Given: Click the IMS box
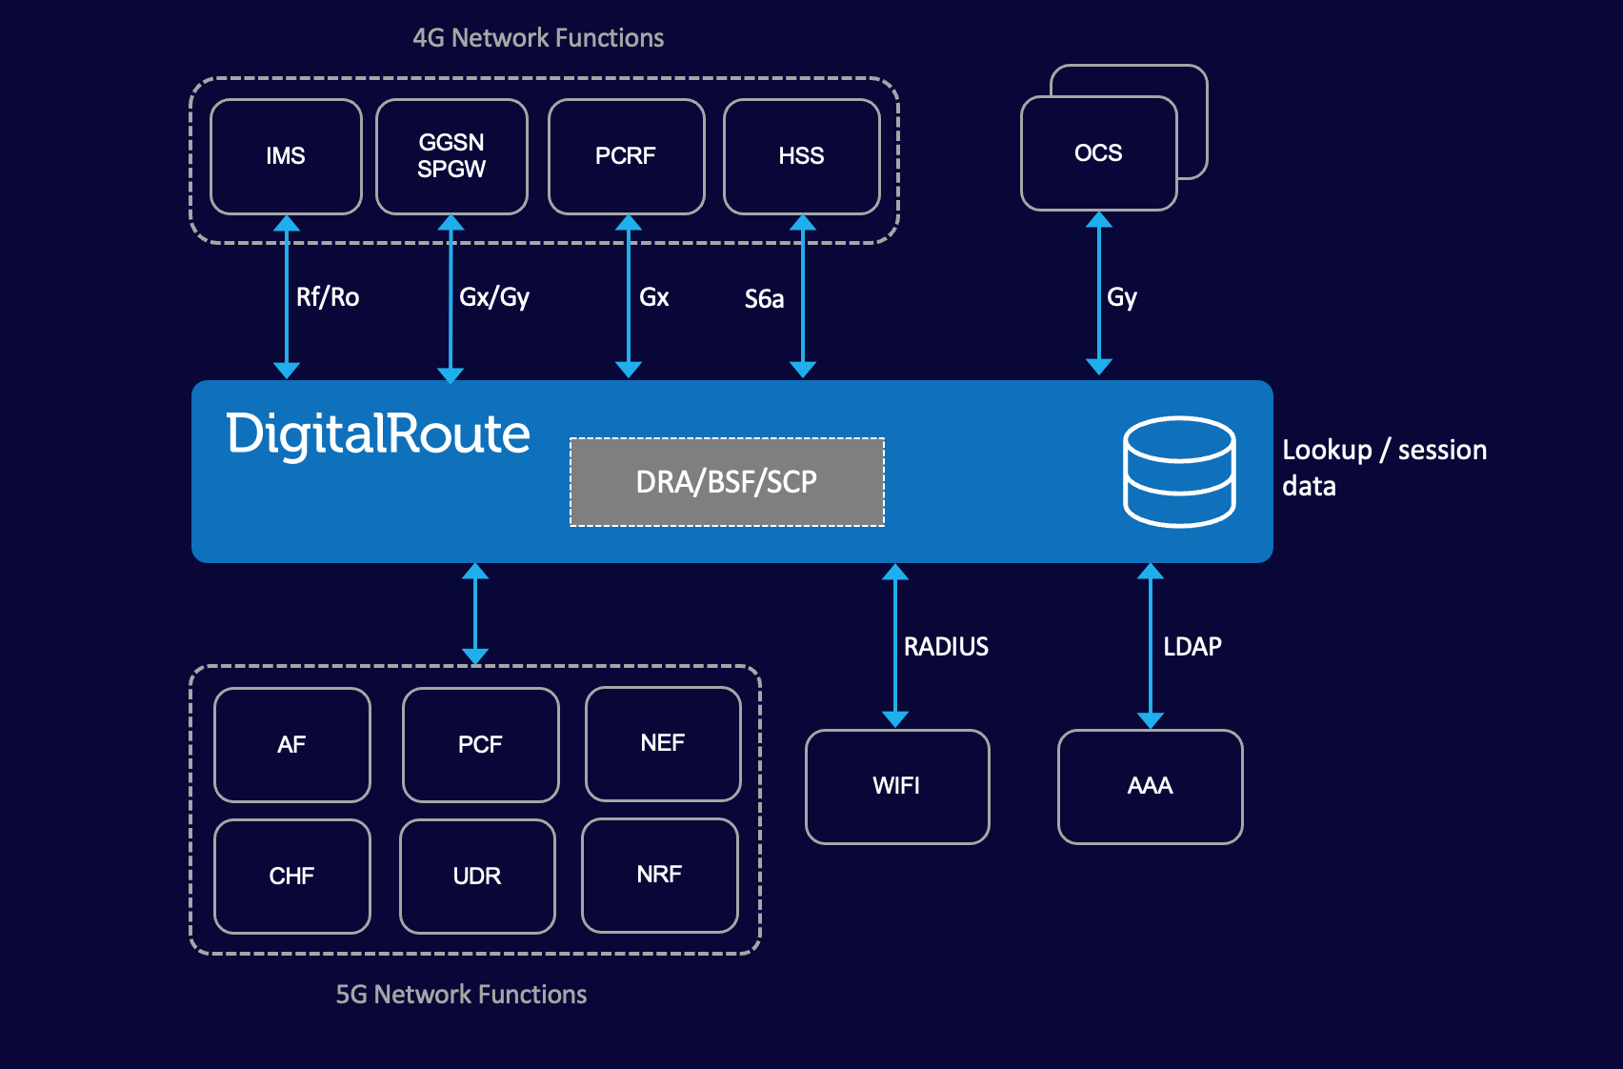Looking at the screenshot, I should coord(286,156).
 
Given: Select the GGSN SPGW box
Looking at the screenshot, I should coord(451,156).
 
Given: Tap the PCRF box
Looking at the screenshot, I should coord(626,156).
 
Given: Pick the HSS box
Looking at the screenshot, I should coord(801,156).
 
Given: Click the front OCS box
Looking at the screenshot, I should coord(1098,153).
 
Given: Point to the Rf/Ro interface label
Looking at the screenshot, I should coord(327,297).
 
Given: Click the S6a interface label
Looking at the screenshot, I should coord(764,299).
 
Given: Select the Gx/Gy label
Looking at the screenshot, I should coord(493,297).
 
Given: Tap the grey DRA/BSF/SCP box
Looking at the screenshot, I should coord(727,482).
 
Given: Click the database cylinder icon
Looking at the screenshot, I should coord(1179,472).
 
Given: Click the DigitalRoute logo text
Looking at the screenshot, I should coord(377,434).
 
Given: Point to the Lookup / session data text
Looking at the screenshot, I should coord(1383,467).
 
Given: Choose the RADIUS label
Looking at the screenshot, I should coord(946,647).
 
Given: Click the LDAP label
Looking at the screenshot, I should coord(1192,647).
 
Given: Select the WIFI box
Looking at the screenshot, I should coord(896,786).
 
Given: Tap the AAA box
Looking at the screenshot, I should coord(1150,786).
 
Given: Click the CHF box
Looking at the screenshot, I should coord(291,876).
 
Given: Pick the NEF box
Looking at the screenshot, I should coord(662,743).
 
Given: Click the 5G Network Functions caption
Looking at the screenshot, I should coord(461,995).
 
